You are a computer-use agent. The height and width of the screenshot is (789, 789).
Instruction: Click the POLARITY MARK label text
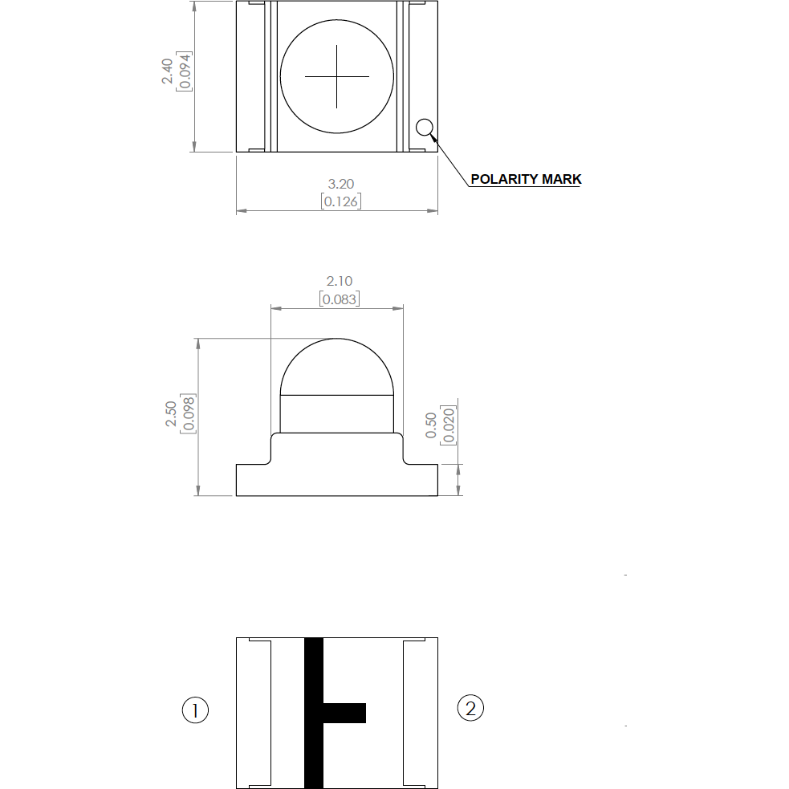coord(526,179)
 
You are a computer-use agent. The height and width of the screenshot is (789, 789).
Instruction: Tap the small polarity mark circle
coord(425,128)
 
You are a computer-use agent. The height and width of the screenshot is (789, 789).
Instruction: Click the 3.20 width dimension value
coord(341,184)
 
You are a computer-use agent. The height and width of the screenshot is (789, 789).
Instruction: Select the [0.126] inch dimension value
coord(341,201)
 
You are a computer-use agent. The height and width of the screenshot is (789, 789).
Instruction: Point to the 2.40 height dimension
coord(167,71)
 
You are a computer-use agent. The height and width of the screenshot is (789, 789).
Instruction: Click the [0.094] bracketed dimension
coord(184,71)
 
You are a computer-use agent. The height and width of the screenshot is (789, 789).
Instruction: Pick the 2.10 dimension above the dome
coord(340,281)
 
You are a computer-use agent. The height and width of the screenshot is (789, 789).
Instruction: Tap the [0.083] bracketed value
coord(340,299)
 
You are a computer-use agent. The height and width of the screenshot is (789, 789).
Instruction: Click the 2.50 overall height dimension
coord(171,413)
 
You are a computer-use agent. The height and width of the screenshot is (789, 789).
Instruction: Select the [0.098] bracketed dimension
coord(188,413)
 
